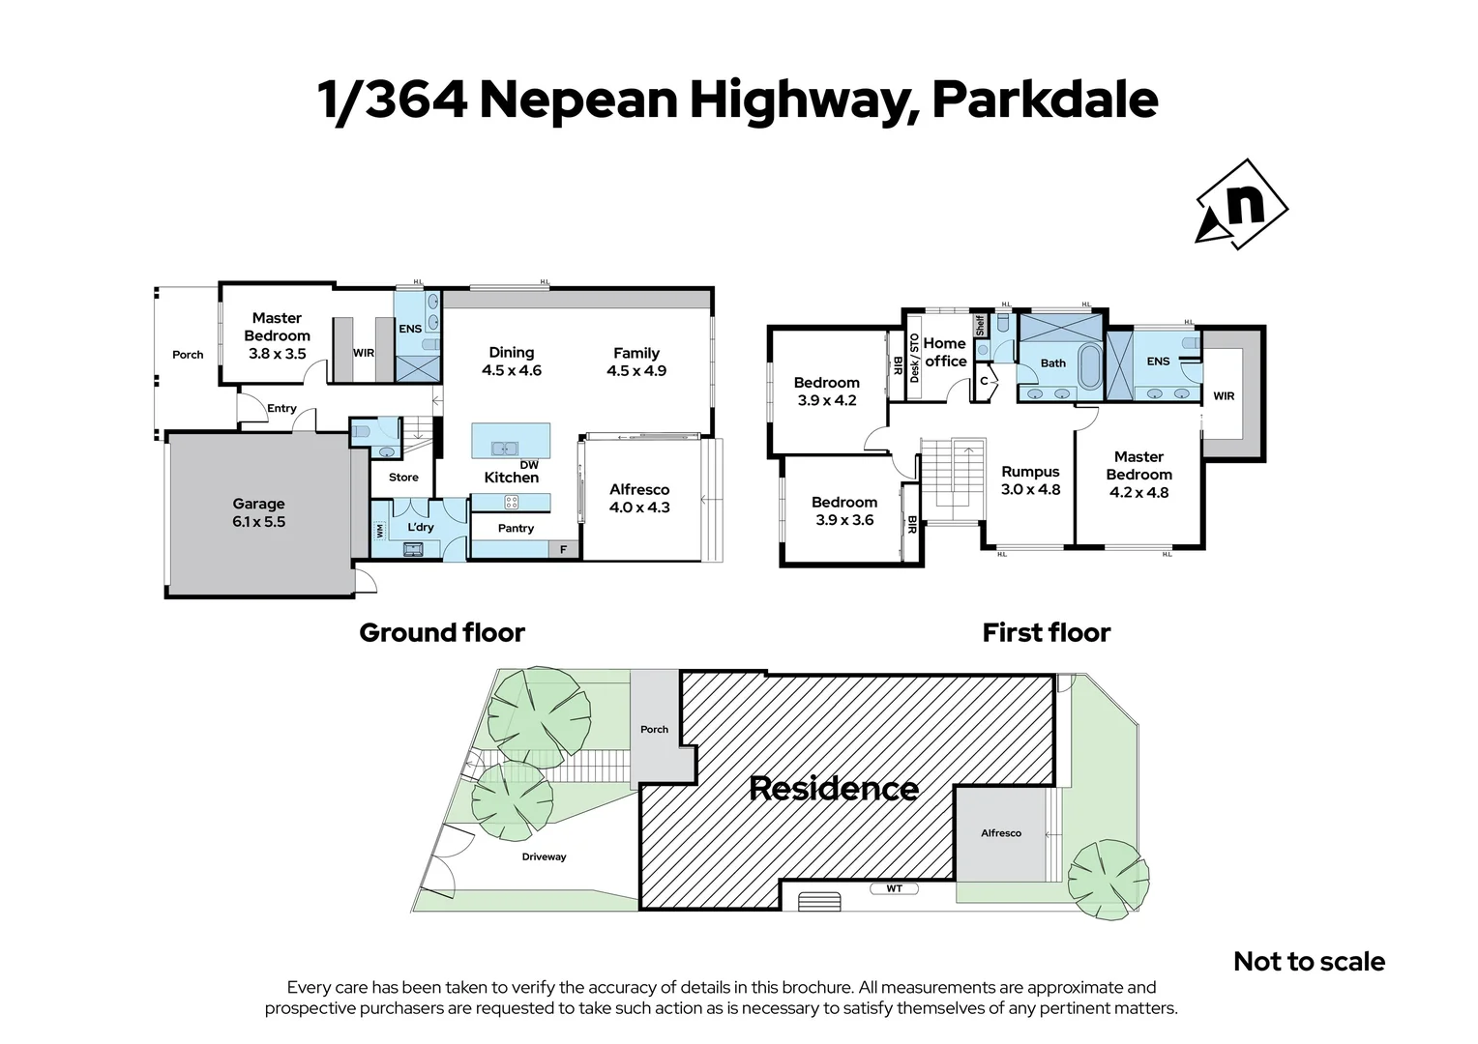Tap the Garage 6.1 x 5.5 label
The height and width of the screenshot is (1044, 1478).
(x=258, y=512)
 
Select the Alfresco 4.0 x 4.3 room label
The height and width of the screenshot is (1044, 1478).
(x=639, y=498)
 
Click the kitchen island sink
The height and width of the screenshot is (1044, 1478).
(x=504, y=448)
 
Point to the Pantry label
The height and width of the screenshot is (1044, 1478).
(x=516, y=528)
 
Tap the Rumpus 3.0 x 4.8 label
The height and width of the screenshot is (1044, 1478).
(x=1030, y=480)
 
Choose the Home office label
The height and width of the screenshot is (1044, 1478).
(x=945, y=352)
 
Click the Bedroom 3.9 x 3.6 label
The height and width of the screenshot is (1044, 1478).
(x=844, y=510)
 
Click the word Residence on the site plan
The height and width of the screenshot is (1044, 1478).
(x=834, y=789)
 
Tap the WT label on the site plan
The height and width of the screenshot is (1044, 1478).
(x=894, y=887)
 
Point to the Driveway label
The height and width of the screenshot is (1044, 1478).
(x=544, y=856)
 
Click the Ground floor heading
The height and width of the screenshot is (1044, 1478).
(x=442, y=633)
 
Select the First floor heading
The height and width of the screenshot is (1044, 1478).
(x=1046, y=633)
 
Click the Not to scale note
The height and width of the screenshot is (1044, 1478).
(x=1309, y=962)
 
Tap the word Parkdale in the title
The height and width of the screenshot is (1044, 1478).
(x=1045, y=101)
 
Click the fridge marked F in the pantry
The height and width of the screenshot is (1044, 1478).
(x=564, y=550)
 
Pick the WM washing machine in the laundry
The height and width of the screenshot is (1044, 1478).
(x=380, y=530)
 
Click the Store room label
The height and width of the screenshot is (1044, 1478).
(x=403, y=478)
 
